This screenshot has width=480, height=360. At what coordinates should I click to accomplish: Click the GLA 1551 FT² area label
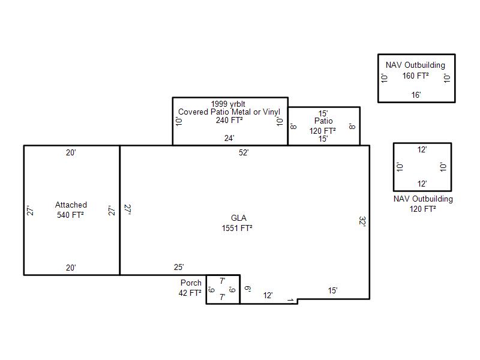tap(237, 223)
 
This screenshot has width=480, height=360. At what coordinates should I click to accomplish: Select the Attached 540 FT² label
tap(71, 209)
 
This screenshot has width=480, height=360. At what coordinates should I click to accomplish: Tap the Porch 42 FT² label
tap(190, 288)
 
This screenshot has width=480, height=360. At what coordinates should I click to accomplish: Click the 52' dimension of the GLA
tap(244, 152)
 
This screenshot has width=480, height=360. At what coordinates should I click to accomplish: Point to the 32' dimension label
tap(362, 221)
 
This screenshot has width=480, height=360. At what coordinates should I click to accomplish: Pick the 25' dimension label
tap(179, 267)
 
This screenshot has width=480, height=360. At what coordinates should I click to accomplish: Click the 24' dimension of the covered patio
tap(229, 139)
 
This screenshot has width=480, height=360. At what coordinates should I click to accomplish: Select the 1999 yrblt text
tap(228, 104)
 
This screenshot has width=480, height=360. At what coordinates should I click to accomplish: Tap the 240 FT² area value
tap(229, 121)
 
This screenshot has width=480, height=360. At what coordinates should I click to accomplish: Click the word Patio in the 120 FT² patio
tap(323, 121)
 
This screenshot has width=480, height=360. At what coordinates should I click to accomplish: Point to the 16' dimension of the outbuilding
tap(416, 95)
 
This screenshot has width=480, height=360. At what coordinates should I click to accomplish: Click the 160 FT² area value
tap(415, 76)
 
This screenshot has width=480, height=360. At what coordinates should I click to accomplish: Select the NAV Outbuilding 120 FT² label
tap(423, 204)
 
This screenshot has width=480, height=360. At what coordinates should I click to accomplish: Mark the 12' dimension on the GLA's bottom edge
tap(268, 295)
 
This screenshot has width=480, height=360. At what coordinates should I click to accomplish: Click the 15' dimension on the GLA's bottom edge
tap(333, 290)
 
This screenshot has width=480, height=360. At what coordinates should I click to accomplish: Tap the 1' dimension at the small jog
tap(291, 300)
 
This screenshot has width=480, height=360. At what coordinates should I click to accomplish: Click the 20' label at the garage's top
tap(71, 152)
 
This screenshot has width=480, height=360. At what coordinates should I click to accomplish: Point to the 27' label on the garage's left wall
tap(30, 211)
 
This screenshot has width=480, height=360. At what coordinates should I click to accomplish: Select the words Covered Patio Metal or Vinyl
tap(229, 112)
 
